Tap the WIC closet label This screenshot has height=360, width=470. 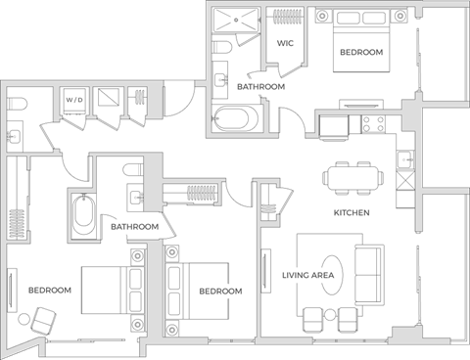coord(286,44)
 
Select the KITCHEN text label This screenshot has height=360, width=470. coord(351,211)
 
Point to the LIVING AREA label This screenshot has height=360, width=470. coord(308,276)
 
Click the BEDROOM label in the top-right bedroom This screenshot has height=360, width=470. coord(361,53)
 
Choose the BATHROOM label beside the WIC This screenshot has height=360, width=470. coord(261,87)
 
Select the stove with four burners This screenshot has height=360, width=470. coord(373,124)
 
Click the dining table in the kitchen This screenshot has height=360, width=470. coord(352,178)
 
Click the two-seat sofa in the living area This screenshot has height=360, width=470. coord(370,275)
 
